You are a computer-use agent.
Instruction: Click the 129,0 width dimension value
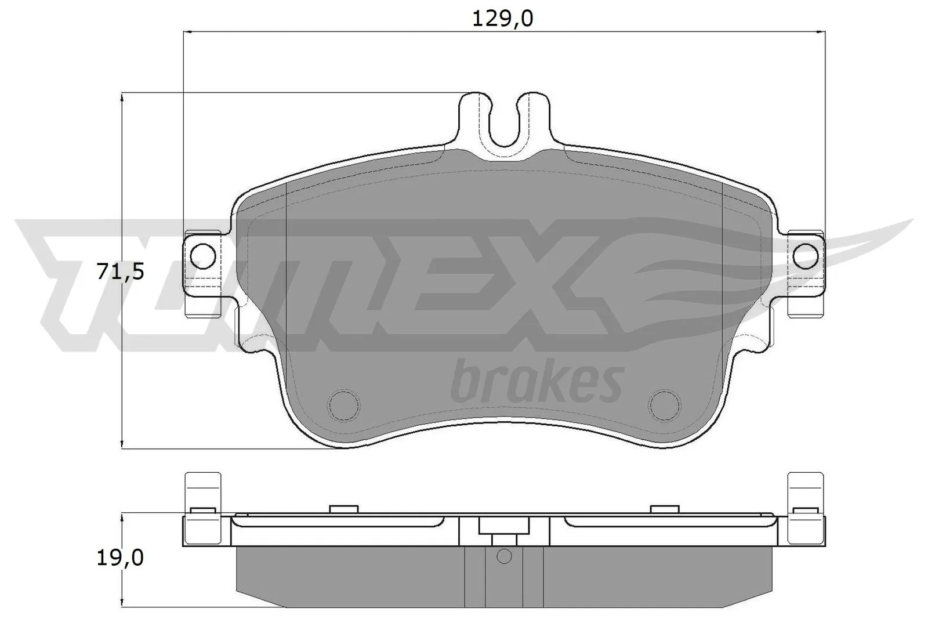click(502, 19)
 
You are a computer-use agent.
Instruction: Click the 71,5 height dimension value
click(120, 271)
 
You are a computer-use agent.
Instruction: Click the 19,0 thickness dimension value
click(120, 558)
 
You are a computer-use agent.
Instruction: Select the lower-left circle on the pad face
click(343, 404)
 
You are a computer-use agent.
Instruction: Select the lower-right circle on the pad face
click(664, 404)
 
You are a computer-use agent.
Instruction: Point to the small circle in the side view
click(504, 556)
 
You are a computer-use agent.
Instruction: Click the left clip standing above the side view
click(203, 491)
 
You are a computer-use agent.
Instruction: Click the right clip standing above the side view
click(806, 491)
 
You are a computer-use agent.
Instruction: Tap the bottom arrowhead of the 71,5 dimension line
click(122, 444)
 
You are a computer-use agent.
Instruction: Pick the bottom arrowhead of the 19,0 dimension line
click(122, 603)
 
